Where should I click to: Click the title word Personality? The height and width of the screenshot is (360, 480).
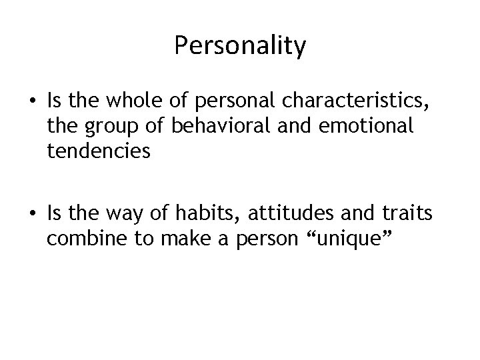coord(239,46)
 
